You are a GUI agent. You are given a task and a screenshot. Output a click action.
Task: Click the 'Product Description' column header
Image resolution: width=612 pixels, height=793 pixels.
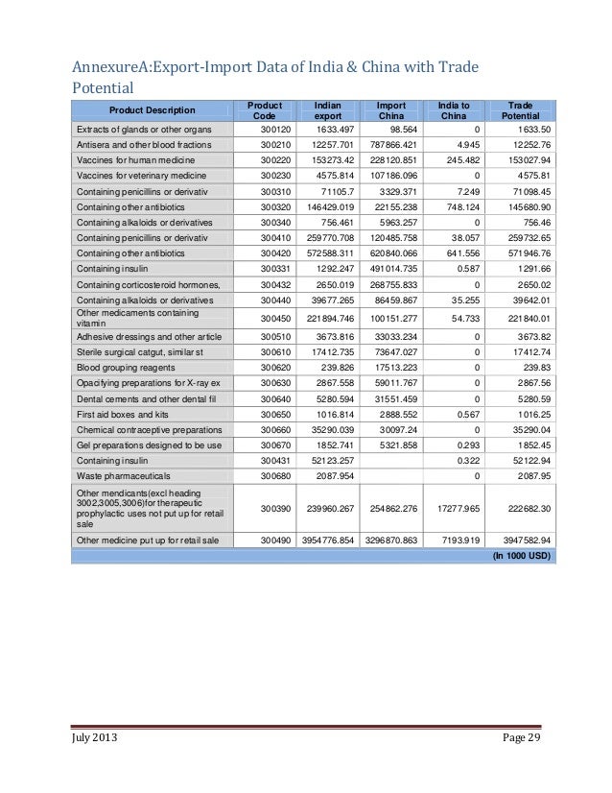151,110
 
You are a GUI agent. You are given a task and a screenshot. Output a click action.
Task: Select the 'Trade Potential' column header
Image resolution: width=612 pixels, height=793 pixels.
520,110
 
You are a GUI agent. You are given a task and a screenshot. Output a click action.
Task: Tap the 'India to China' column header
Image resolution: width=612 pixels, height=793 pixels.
453,110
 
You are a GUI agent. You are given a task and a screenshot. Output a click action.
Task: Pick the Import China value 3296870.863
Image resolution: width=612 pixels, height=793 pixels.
390,540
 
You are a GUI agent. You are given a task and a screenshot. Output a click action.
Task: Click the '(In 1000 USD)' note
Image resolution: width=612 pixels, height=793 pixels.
522,555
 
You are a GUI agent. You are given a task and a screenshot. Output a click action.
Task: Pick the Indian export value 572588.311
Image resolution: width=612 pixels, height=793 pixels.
324,252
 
